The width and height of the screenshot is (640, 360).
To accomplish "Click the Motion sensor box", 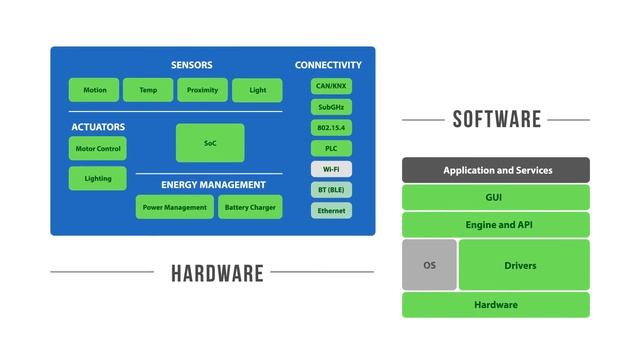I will (94, 90).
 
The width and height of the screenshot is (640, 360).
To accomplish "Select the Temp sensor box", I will (148, 90).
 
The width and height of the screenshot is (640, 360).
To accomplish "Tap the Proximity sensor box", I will (202, 90).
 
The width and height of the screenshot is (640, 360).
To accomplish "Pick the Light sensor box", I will (257, 90).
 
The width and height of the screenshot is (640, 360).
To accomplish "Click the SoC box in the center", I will (210, 143).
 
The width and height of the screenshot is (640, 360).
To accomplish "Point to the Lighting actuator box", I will (98, 179).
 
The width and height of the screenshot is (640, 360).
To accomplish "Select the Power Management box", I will (174, 207).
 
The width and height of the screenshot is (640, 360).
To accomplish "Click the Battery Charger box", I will (250, 207).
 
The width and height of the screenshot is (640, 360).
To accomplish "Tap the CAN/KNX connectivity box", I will (331, 86).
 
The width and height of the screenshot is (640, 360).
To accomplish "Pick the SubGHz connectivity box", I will (331, 107).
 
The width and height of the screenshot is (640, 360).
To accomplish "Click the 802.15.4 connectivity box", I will (331, 128).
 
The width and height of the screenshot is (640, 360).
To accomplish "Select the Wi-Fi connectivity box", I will (331, 169).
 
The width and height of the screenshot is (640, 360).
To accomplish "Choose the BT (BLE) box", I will (331, 190).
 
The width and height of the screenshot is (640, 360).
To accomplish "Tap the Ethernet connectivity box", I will (331, 211).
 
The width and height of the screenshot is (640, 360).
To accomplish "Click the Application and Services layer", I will (496, 170).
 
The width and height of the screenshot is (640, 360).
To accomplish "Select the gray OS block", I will (429, 265).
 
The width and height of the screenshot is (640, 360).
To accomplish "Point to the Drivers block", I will (523, 265).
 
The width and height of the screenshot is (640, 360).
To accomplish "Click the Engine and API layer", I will (496, 225).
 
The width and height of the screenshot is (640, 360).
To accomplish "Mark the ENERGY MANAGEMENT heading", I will (214, 184).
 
